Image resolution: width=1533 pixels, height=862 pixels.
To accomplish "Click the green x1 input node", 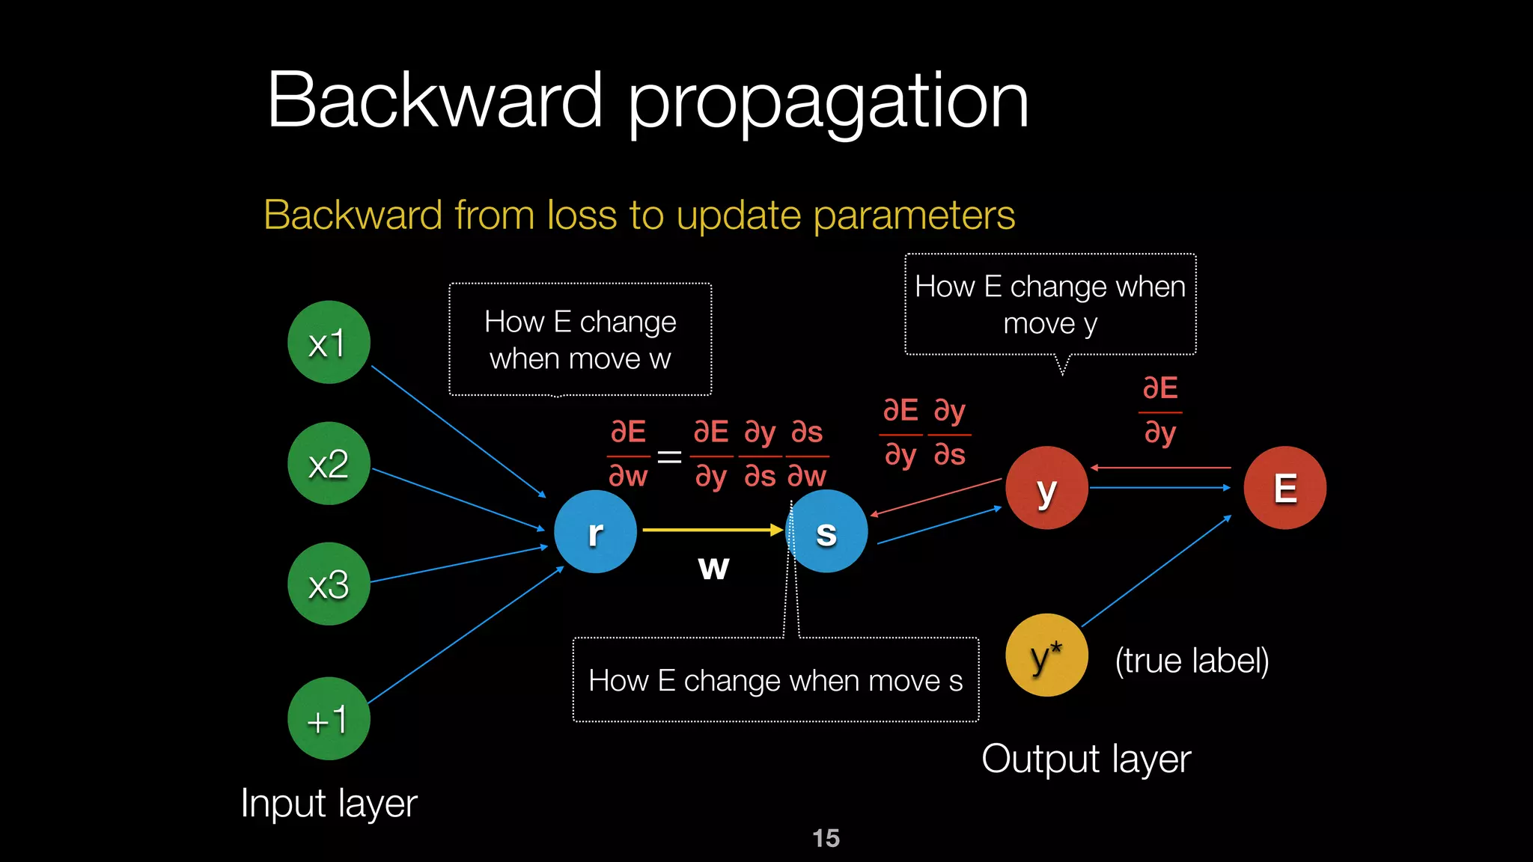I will [329, 343].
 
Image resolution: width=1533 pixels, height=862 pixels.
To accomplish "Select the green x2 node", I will [329, 464].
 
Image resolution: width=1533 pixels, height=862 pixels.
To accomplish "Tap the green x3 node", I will [329, 584].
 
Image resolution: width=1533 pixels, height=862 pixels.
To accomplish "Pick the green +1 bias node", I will [329, 719].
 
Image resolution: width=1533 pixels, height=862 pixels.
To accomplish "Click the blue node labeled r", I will [595, 532].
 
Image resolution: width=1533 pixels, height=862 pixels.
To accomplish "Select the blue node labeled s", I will [826, 532].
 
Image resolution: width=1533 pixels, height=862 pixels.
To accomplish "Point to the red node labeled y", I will [1046, 488].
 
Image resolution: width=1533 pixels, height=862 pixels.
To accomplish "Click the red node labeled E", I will [1284, 488].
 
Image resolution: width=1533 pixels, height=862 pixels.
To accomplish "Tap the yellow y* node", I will [1046, 655].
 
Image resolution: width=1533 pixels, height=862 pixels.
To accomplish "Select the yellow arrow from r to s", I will [711, 530].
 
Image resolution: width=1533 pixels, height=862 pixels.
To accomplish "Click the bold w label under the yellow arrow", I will [713, 567].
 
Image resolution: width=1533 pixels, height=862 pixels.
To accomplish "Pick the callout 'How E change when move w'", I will [580, 340].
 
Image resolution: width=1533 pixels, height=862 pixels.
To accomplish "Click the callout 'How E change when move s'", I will [775, 680].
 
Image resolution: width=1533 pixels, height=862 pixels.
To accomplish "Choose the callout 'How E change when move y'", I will [1050, 305].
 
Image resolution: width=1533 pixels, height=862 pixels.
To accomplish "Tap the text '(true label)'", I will [1192, 661].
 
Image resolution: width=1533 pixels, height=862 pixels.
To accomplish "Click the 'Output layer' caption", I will [1085, 759].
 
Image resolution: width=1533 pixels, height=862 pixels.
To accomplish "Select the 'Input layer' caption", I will [329, 804].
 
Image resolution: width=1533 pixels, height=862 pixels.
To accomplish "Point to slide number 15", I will [826, 838].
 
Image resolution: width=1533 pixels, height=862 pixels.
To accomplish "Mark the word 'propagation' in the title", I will [827, 101].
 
